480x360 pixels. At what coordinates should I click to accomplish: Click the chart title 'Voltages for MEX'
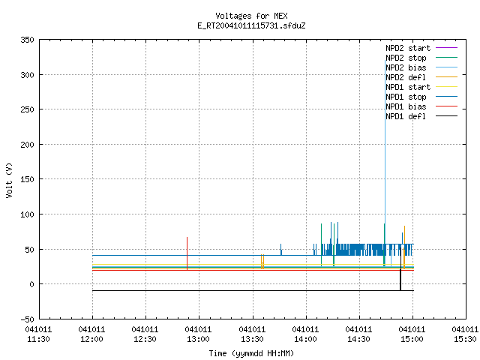pos(251,16)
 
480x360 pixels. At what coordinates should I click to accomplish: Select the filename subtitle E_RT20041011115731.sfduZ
pos(251,25)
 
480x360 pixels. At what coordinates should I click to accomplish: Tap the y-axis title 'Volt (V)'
pos(9,180)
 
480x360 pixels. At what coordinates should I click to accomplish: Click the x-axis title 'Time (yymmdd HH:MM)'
pos(251,353)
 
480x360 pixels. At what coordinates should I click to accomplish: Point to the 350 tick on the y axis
pos(27,40)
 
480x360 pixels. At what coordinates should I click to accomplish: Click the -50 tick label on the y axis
pos(27,319)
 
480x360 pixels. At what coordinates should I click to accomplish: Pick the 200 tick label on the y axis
pos(27,145)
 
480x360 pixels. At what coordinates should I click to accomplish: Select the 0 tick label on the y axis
pos(31,284)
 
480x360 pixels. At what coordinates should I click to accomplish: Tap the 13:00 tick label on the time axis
pos(198,334)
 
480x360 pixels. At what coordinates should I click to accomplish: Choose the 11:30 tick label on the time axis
pos(38,334)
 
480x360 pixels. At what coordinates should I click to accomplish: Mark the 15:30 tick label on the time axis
pos(465,334)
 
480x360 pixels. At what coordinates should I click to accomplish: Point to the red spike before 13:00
pos(187,253)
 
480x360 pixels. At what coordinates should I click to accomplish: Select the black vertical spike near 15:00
pos(400,269)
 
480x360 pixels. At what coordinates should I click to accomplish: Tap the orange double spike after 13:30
pos(262,262)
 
